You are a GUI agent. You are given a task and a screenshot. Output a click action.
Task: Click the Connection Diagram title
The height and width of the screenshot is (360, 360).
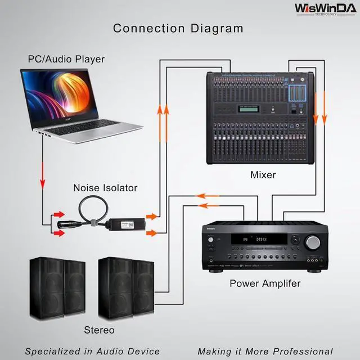pyautogui.click(x=178, y=29)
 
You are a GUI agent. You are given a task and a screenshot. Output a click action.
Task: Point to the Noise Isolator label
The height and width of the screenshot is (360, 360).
pyautogui.click(x=105, y=188)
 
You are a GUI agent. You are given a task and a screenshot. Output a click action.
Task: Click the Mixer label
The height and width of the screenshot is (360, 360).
pyautogui.click(x=263, y=175)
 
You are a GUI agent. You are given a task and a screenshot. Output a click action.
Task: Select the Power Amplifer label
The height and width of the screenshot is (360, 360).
pyautogui.click(x=265, y=283)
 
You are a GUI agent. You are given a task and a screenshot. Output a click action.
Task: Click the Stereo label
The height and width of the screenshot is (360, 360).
pyautogui.click(x=99, y=330)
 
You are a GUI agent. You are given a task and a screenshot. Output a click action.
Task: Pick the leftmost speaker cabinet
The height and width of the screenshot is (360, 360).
pyautogui.click(x=46, y=287)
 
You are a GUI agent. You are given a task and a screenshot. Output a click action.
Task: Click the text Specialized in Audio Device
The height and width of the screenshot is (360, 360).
pyautogui.click(x=92, y=352)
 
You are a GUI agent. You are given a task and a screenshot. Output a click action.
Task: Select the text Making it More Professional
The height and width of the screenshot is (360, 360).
pyautogui.click(x=265, y=352)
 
